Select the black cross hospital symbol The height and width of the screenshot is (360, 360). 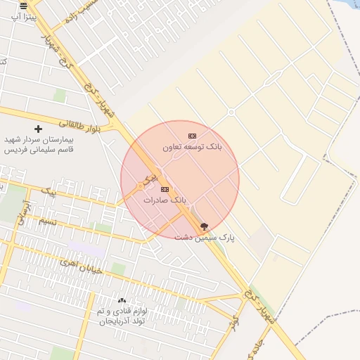click(x=38, y=129)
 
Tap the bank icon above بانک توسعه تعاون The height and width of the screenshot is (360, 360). click(x=192, y=136)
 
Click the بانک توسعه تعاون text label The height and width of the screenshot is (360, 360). click(x=192, y=148)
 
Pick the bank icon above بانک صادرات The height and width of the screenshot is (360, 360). click(x=165, y=189)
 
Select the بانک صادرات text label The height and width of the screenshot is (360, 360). click(x=165, y=200)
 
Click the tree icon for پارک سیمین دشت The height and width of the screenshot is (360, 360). click(x=205, y=226)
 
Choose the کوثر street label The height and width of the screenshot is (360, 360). click(x=234, y=323)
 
